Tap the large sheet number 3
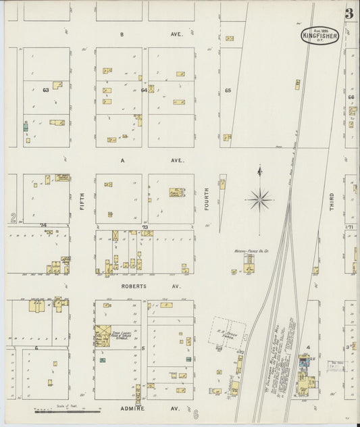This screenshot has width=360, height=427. (x=349, y=14)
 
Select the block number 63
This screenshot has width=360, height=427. (x=46, y=90)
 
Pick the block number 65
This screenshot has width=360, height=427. (x=228, y=90)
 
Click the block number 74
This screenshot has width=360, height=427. (x=44, y=225)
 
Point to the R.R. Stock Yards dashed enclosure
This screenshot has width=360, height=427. (x=226, y=333)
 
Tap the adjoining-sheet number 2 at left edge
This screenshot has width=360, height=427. (x=12, y=218)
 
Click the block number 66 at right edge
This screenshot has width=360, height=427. (x=351, y=97)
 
